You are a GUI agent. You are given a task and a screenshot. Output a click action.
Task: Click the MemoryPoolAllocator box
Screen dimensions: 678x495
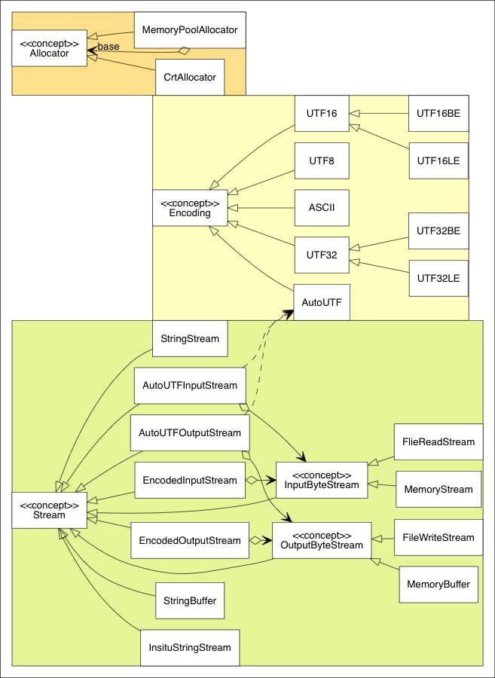[x=189, y=30]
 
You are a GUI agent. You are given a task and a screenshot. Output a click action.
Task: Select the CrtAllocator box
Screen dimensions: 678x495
[x=189, y=77]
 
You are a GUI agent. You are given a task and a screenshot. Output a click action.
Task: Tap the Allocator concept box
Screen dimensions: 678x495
[x=50, y=48]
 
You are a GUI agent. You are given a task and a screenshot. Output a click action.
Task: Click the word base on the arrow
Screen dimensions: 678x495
[x=108, y=47]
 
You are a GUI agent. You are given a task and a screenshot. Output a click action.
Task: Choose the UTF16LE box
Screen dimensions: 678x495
[x=438, y=160]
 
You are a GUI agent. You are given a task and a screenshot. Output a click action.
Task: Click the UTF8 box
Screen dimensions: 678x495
[x=322, y=160]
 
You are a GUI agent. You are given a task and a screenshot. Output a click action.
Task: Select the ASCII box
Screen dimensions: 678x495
[x=322, y=207]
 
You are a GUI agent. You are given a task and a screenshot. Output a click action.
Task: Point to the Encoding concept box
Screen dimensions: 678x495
[x=189, y=208]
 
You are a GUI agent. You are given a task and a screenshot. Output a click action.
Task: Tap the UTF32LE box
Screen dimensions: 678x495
[x=438, y=278]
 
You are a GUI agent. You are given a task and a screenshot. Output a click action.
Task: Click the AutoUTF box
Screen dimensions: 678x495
[x=322, y=301]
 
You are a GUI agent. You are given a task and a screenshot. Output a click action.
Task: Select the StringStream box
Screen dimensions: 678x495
[x=189, y=338]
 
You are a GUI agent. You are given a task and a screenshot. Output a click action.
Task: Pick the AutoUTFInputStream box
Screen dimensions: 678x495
[x=189, y=386]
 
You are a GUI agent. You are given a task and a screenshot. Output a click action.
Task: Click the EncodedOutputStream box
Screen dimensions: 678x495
[x=189, y=540]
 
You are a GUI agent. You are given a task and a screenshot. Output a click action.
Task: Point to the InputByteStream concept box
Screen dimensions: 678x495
[x=322, y=480]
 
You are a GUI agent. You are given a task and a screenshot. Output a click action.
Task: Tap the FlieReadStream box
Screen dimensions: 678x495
[x=438, y=442]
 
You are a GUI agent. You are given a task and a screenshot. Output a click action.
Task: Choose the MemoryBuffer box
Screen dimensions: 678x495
[x=438, y=585]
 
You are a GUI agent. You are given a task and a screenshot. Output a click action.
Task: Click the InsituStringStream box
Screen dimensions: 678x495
[x=189, y=647]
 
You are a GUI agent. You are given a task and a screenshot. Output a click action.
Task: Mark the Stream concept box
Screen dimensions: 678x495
[x=50, y=510]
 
